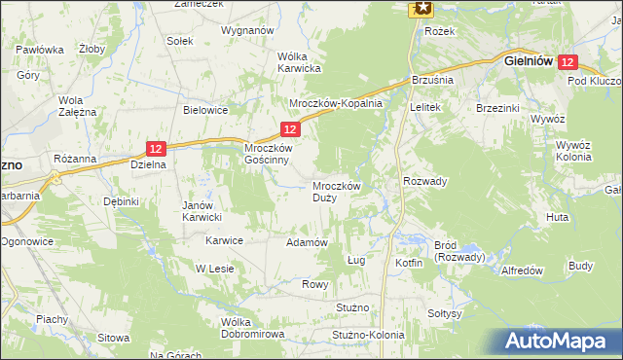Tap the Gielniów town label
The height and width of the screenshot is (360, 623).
[x=529, y=60]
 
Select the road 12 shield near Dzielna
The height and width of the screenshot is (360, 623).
[x=157, y=148]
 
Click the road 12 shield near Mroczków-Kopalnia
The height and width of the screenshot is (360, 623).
[x=289, y=128]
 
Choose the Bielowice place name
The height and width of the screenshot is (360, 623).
[x=205, y=110]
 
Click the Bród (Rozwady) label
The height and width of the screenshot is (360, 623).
[x=457, y=251]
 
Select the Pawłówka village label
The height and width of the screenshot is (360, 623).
[x=40, y=50]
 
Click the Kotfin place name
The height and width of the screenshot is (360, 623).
[x=409, y=263]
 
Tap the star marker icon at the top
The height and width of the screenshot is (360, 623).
[x=421, y=8]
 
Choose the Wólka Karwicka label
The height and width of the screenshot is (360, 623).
[x=299, y=62]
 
